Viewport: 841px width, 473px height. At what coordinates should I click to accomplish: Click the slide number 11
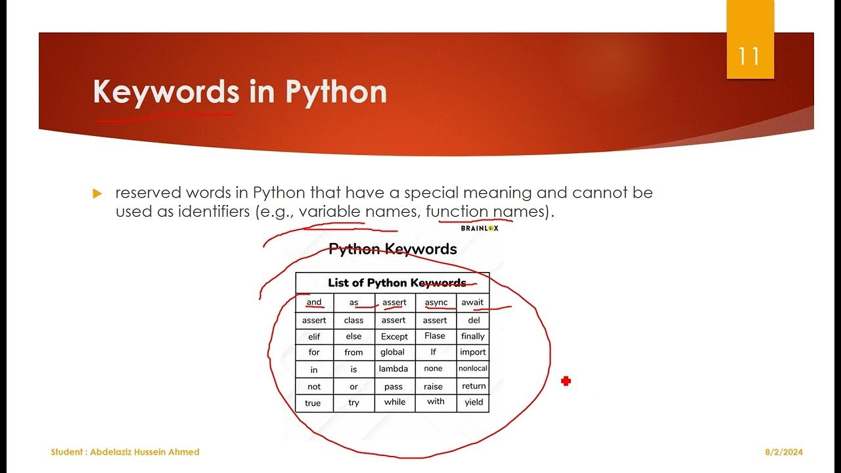(749, 56)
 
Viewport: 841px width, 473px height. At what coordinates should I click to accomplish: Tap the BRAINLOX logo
(479, 228)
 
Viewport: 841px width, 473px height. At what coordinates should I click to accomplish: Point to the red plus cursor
(566, 381)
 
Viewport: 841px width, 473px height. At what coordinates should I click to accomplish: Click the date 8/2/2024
(784, 452)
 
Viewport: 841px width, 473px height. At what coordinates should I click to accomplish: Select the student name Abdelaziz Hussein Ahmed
(125, 452)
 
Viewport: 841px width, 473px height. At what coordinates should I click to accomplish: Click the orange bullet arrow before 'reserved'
(98, 194)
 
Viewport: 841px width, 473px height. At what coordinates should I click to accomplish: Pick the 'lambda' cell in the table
(394, 369)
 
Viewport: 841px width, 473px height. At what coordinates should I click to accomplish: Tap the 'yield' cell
(473, 402)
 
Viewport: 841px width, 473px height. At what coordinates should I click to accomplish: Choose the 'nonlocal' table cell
(473, 369)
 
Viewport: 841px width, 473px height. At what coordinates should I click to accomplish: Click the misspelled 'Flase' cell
(434, 336)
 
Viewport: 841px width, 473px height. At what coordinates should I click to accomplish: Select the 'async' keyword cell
(436, 302)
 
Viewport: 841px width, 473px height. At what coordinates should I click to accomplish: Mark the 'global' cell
(393, 352)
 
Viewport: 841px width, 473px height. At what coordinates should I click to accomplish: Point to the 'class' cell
(353, 320)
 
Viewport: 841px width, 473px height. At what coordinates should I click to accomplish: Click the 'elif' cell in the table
(314, 336)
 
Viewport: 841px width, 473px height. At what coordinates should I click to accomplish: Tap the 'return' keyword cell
(474, 386)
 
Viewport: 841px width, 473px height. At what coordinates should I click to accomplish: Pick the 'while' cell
(394, 402)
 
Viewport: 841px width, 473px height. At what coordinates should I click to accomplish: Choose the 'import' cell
(473, 352)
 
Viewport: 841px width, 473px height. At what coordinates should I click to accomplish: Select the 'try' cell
(353, 403)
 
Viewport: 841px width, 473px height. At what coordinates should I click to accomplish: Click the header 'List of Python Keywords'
(396, 283)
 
